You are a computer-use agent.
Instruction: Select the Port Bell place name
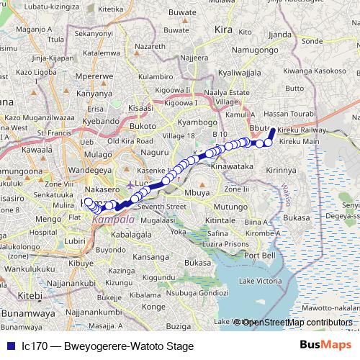259,256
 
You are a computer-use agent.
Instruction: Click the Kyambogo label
197,123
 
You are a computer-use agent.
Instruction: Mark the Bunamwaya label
29,314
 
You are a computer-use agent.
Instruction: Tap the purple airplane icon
129,184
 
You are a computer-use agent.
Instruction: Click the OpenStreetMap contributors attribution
296,322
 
